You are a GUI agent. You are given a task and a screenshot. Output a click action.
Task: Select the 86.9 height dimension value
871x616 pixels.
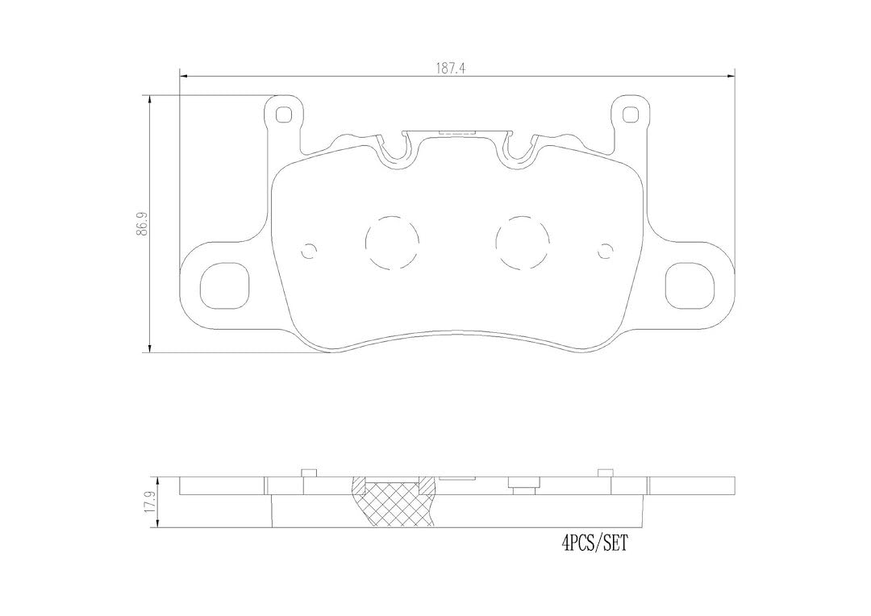(144, 223)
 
